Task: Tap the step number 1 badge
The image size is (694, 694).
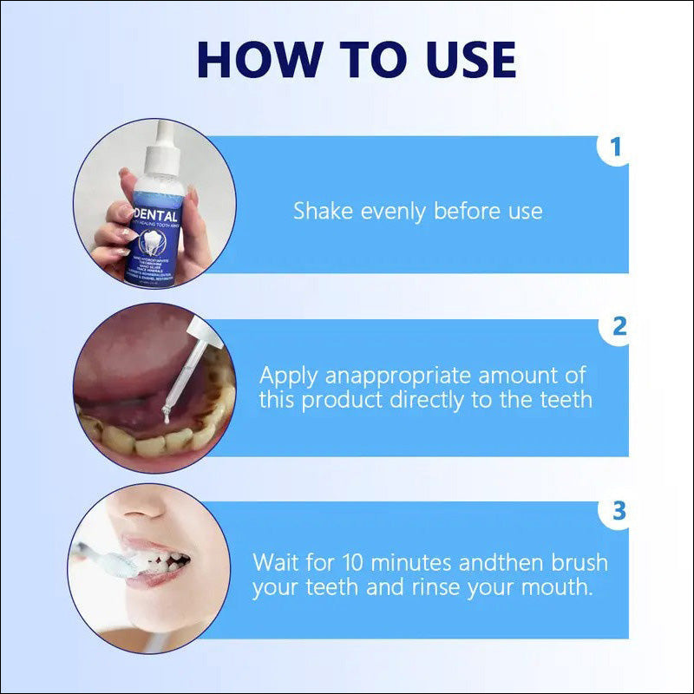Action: point(616,147)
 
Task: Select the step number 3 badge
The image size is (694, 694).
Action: point(619,511)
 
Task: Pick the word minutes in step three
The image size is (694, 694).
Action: point(413,561)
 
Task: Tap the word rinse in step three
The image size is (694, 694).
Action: point(440,587)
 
